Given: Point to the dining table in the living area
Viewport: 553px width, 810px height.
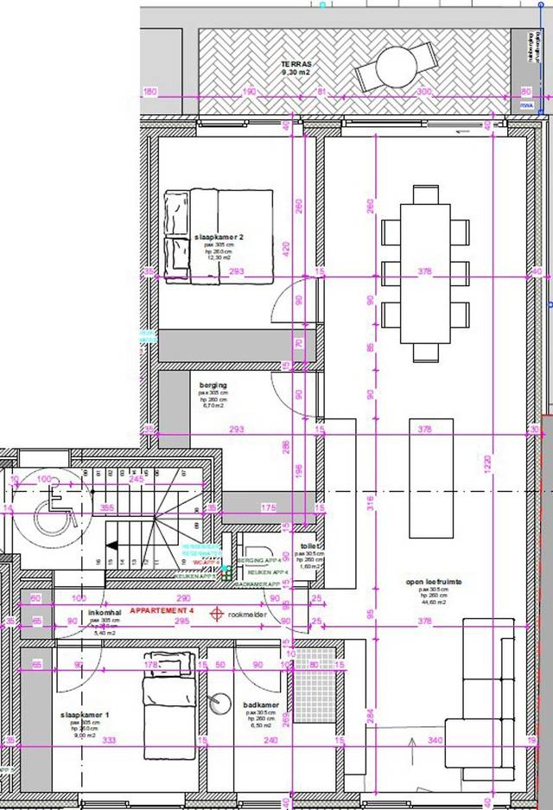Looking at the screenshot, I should point(425,272).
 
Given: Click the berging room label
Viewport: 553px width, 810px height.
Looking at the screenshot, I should point(213,386).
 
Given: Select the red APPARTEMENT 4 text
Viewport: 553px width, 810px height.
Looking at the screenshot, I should point(162,610).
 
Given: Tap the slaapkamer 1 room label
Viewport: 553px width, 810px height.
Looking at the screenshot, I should point(85,716).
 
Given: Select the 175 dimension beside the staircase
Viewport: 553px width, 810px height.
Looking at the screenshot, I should point(269,507).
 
